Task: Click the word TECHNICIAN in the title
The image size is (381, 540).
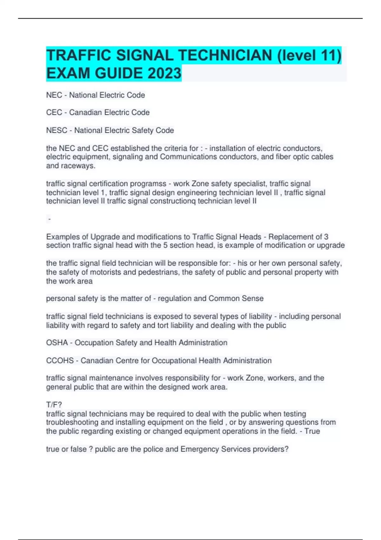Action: pyautogui.click(x=225, y=55)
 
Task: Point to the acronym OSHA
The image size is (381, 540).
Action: pyautogui.click(x=57, y=343)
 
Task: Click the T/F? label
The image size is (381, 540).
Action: pyautogui.click(x=54, y=405)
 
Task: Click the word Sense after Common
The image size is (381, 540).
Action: pyautogui.click(x=253, y=299)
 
